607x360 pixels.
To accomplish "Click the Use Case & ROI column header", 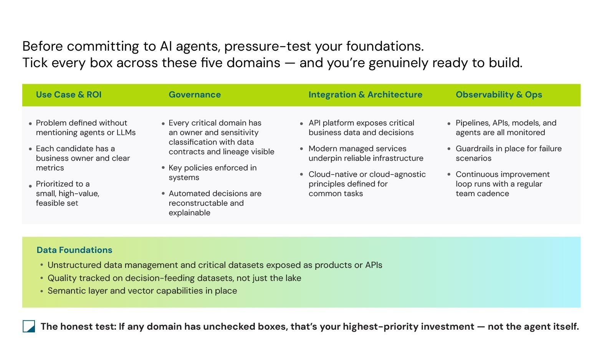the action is pos(69,94).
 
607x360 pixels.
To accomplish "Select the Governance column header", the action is pos(195,94).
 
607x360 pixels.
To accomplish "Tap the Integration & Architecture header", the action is pos(365,94).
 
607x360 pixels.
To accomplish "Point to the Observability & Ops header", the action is pos(499,94).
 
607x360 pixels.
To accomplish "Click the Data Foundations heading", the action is pos(74,250).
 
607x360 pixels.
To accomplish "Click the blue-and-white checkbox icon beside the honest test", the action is pos(29,326).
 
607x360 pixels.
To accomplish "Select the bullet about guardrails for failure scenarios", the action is pos(509,153).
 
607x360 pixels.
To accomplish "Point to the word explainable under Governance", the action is pos(189,213).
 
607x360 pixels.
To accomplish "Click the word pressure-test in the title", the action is pos(268,46).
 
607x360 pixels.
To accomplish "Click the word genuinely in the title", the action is pos(398,63).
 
